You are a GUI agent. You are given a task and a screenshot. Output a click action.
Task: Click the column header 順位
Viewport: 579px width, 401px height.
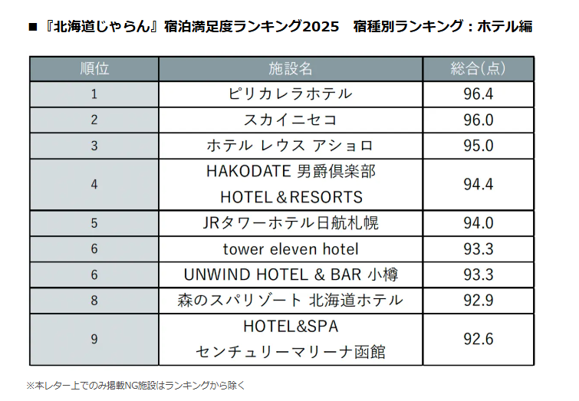click(94, 68)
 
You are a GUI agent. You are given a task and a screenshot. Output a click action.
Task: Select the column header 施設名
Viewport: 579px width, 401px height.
click(291, 68)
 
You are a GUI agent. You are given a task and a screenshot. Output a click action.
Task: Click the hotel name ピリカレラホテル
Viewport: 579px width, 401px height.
click(291, 94)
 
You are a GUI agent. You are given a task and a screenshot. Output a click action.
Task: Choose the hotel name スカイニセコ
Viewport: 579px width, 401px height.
click(291, 120)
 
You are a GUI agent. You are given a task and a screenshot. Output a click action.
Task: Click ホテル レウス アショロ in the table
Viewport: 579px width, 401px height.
click(291, 146)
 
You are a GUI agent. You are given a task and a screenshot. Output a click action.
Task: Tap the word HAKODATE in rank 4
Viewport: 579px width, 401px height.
click(245, 172)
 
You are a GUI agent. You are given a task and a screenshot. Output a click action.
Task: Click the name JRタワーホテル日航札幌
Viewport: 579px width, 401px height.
click(291, 223)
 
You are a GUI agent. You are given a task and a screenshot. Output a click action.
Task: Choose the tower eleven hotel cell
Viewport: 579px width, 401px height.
click(291, 249)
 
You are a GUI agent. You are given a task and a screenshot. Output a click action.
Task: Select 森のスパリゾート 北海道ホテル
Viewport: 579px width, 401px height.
click(291, 301)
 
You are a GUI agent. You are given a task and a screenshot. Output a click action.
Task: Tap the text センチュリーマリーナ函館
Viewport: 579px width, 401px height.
click(291, 352)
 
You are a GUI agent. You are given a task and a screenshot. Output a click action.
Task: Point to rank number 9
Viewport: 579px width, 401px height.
click(94, 339)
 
